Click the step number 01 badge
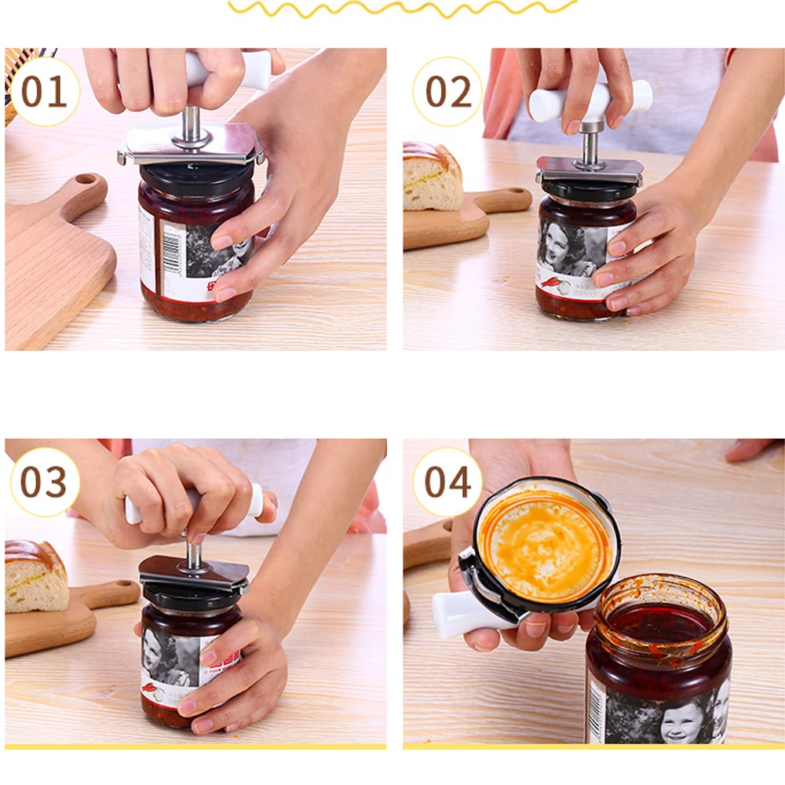coord(44,92)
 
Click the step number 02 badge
coord(448,92)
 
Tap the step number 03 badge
coord(44,482)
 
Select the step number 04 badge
coord(447,482)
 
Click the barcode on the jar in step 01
coord(173,249)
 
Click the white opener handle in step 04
coord(463,614)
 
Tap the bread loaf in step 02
coord(431,177)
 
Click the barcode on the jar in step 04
coord(596,710)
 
